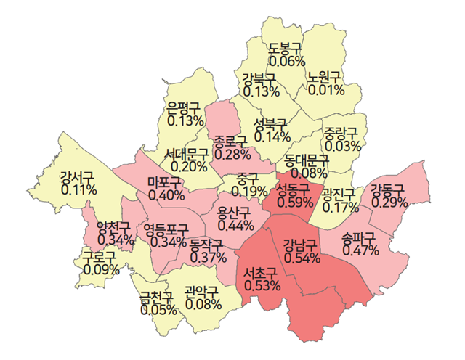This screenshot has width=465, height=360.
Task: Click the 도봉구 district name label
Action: (x=285, y=49)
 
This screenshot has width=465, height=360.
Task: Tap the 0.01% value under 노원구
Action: (x=325, y=90)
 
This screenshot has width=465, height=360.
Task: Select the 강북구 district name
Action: (x=259, y=78)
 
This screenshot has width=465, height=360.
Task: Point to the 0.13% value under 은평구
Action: (x=185, y=120)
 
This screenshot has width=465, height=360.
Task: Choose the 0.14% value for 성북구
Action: (x=272, y=136)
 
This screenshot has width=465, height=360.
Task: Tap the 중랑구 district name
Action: (x=342, y=133)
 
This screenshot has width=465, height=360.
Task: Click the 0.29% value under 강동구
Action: (x=389, y=202)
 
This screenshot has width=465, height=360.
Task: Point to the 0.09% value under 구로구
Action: (x=102, y=269)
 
